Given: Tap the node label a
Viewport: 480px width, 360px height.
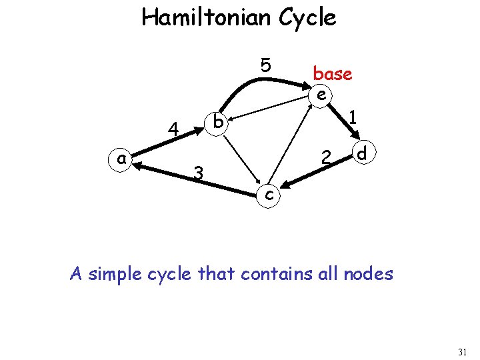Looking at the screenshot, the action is pyautogui.click(x=121, y=158).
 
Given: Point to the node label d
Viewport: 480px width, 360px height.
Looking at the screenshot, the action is pyautogui.click(x=361, y=154).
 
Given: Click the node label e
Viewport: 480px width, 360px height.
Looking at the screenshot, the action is pyautogui.click(x=321, y=94).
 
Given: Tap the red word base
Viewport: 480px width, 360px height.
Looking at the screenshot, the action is pyautogui.click(x=332, y=73).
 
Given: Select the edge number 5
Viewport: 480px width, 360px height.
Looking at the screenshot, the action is pyautogui.click(x=265, y=65).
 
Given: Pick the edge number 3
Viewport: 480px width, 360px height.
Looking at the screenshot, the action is pyautogui.click(x=198, y=173).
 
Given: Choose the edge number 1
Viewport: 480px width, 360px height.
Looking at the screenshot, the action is pyautogui.click(x=354, y=117).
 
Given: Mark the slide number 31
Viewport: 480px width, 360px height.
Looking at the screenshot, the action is pyautogui.click(x=463, y=350).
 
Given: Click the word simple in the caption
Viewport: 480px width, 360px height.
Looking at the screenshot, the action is pyautogui.click(x=124, y=273).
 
